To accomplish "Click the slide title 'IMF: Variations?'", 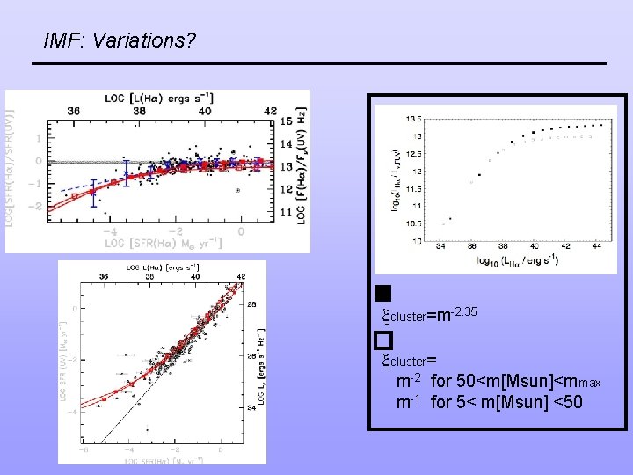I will (x=120, y=41).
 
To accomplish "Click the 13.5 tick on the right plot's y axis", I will (x=413, y=118).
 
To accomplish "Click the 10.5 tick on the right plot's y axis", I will (x=413, y=223).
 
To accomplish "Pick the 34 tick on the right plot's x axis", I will (x=440, y=248).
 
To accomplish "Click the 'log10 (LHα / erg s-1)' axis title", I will (x=517, y=260).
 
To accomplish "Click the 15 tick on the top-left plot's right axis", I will (x=287, y=121).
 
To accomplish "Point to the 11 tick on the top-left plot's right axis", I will (x=287, y=213).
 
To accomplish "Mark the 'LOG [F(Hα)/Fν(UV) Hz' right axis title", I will (x=302, y=167).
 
